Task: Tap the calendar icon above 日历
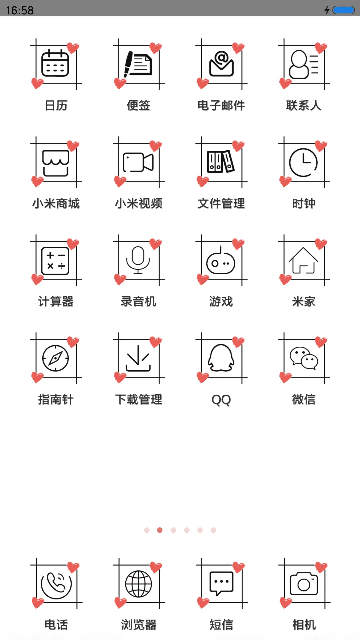tap(55, 63)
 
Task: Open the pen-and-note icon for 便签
tap(138, 63)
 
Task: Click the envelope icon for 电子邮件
tap(221, 63)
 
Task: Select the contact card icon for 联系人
tap(304, 64)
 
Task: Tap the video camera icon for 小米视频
tap(138, 162)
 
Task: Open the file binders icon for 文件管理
tap(221, 162)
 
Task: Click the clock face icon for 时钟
tap(303, 162)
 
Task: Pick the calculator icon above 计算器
tap(55, 261)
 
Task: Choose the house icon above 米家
tap(303, 260)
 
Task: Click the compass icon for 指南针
tap(56, 358)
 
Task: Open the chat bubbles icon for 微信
tap(304, 358)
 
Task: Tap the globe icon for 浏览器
tap(138, 584)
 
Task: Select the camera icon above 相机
tap(304, 584)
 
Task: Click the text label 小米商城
tap(56, 203)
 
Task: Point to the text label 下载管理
tap(139, 399)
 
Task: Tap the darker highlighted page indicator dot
tap(160, 530)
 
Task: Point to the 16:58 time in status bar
tap(20, 10)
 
